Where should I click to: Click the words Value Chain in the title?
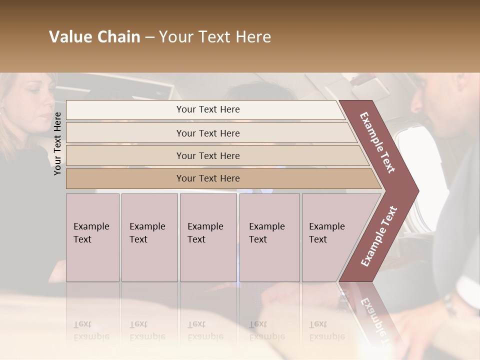click(x=94, y=37)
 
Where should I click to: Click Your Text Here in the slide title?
click(x=215, y=37)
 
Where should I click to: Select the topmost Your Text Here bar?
click(x=207, y=109)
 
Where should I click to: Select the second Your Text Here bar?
click(x=207, y=133)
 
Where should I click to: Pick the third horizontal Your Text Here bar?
click(x=207, y=155)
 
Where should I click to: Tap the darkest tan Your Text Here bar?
click(x=207, y=178)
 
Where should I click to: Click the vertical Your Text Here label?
click(x=57, y=143)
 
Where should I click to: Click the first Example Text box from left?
click(x=92, y=237)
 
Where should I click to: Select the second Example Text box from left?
click(x=149, y=237)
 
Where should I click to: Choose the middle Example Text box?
click(x=208, y=237)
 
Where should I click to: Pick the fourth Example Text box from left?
click(x=269, y=237)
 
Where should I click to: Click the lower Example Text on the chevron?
click(x=379, y=236)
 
